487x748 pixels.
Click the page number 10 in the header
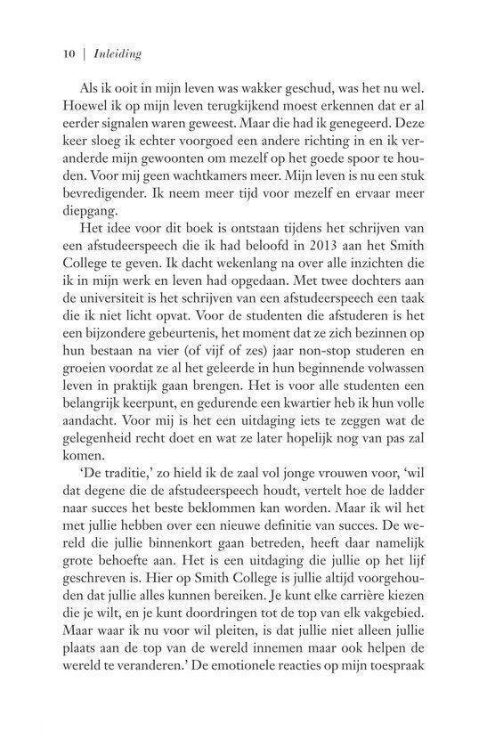pyautogui.click(x=66, y=53)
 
